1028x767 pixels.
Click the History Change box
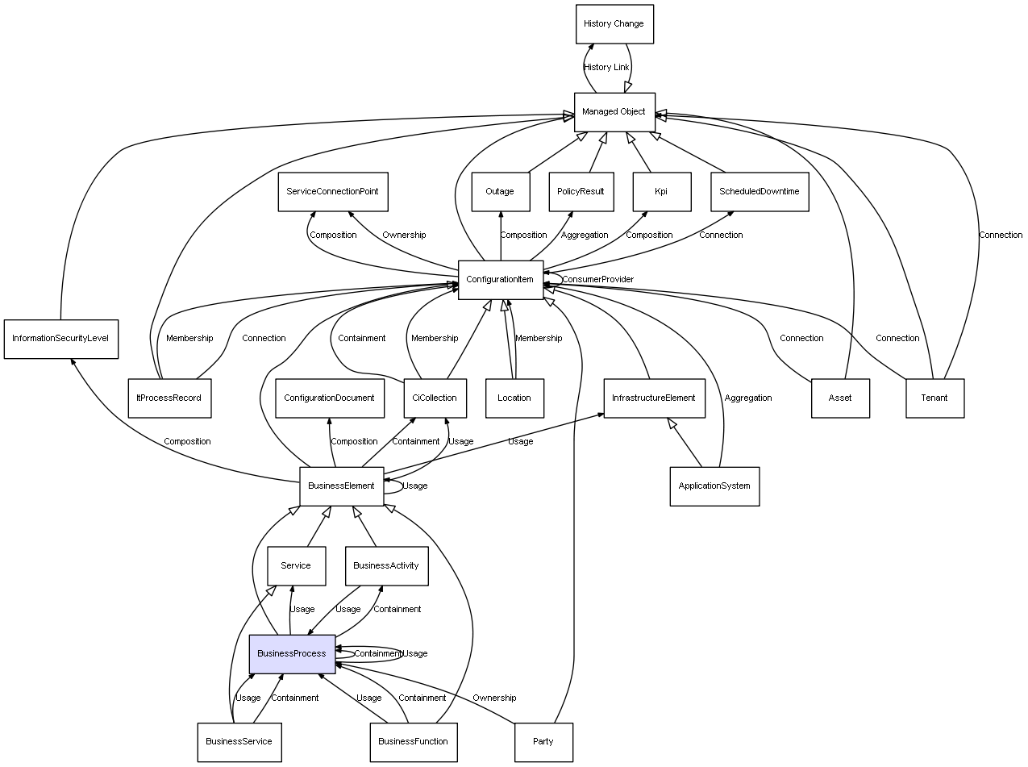(614, 24)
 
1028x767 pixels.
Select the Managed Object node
(614, 112)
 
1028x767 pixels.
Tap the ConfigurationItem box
(500, 280)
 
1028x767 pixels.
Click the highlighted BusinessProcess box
(292, 653)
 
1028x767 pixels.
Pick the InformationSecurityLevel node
(60, 339)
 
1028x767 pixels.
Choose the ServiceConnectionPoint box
(332, 192)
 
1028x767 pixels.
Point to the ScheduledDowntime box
(759, 192)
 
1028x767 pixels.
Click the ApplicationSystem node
(714, 486)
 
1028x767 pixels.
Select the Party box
(543, 741)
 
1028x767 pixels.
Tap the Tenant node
(934, 398)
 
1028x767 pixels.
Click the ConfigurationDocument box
(329, 398)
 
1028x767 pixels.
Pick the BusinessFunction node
(413, 741)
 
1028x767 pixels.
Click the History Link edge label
(606, 68)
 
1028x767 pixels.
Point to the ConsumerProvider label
(597, 280)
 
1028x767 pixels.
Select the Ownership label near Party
(494, 698)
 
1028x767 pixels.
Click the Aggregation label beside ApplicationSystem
(747, 398)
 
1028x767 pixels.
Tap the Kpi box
(661, 192)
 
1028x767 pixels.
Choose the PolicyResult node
(581, 192)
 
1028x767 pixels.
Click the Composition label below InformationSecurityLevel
(187, 442)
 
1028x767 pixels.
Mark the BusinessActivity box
(386, 566)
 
